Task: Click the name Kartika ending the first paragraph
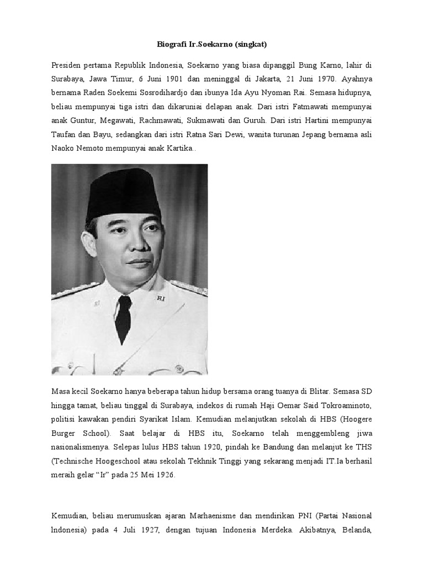tap(177, 150)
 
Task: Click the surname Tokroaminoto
tap(346, 406)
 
